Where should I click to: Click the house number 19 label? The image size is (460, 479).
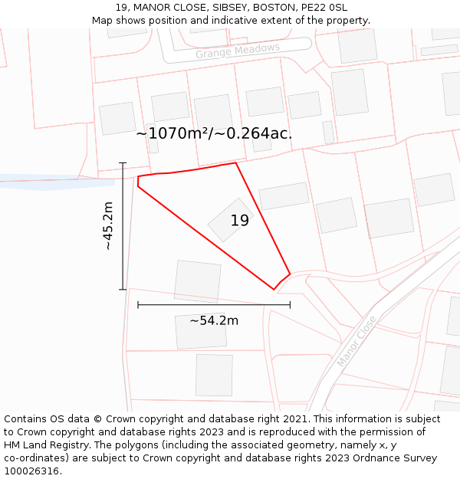[x=240, y=221]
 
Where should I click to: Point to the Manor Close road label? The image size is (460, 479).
[x=357, y=341]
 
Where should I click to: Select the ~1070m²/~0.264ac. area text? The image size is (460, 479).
[x=214, y=133]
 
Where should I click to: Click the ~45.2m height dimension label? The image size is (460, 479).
[x=108, y=226]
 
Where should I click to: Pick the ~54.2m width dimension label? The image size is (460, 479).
[x=214, y=320]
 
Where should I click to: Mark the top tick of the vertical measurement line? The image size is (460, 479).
[x=123, y=163]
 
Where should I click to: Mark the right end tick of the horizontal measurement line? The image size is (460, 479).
[x=290, y=305]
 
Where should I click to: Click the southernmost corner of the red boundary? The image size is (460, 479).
[x=274, y=290]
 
